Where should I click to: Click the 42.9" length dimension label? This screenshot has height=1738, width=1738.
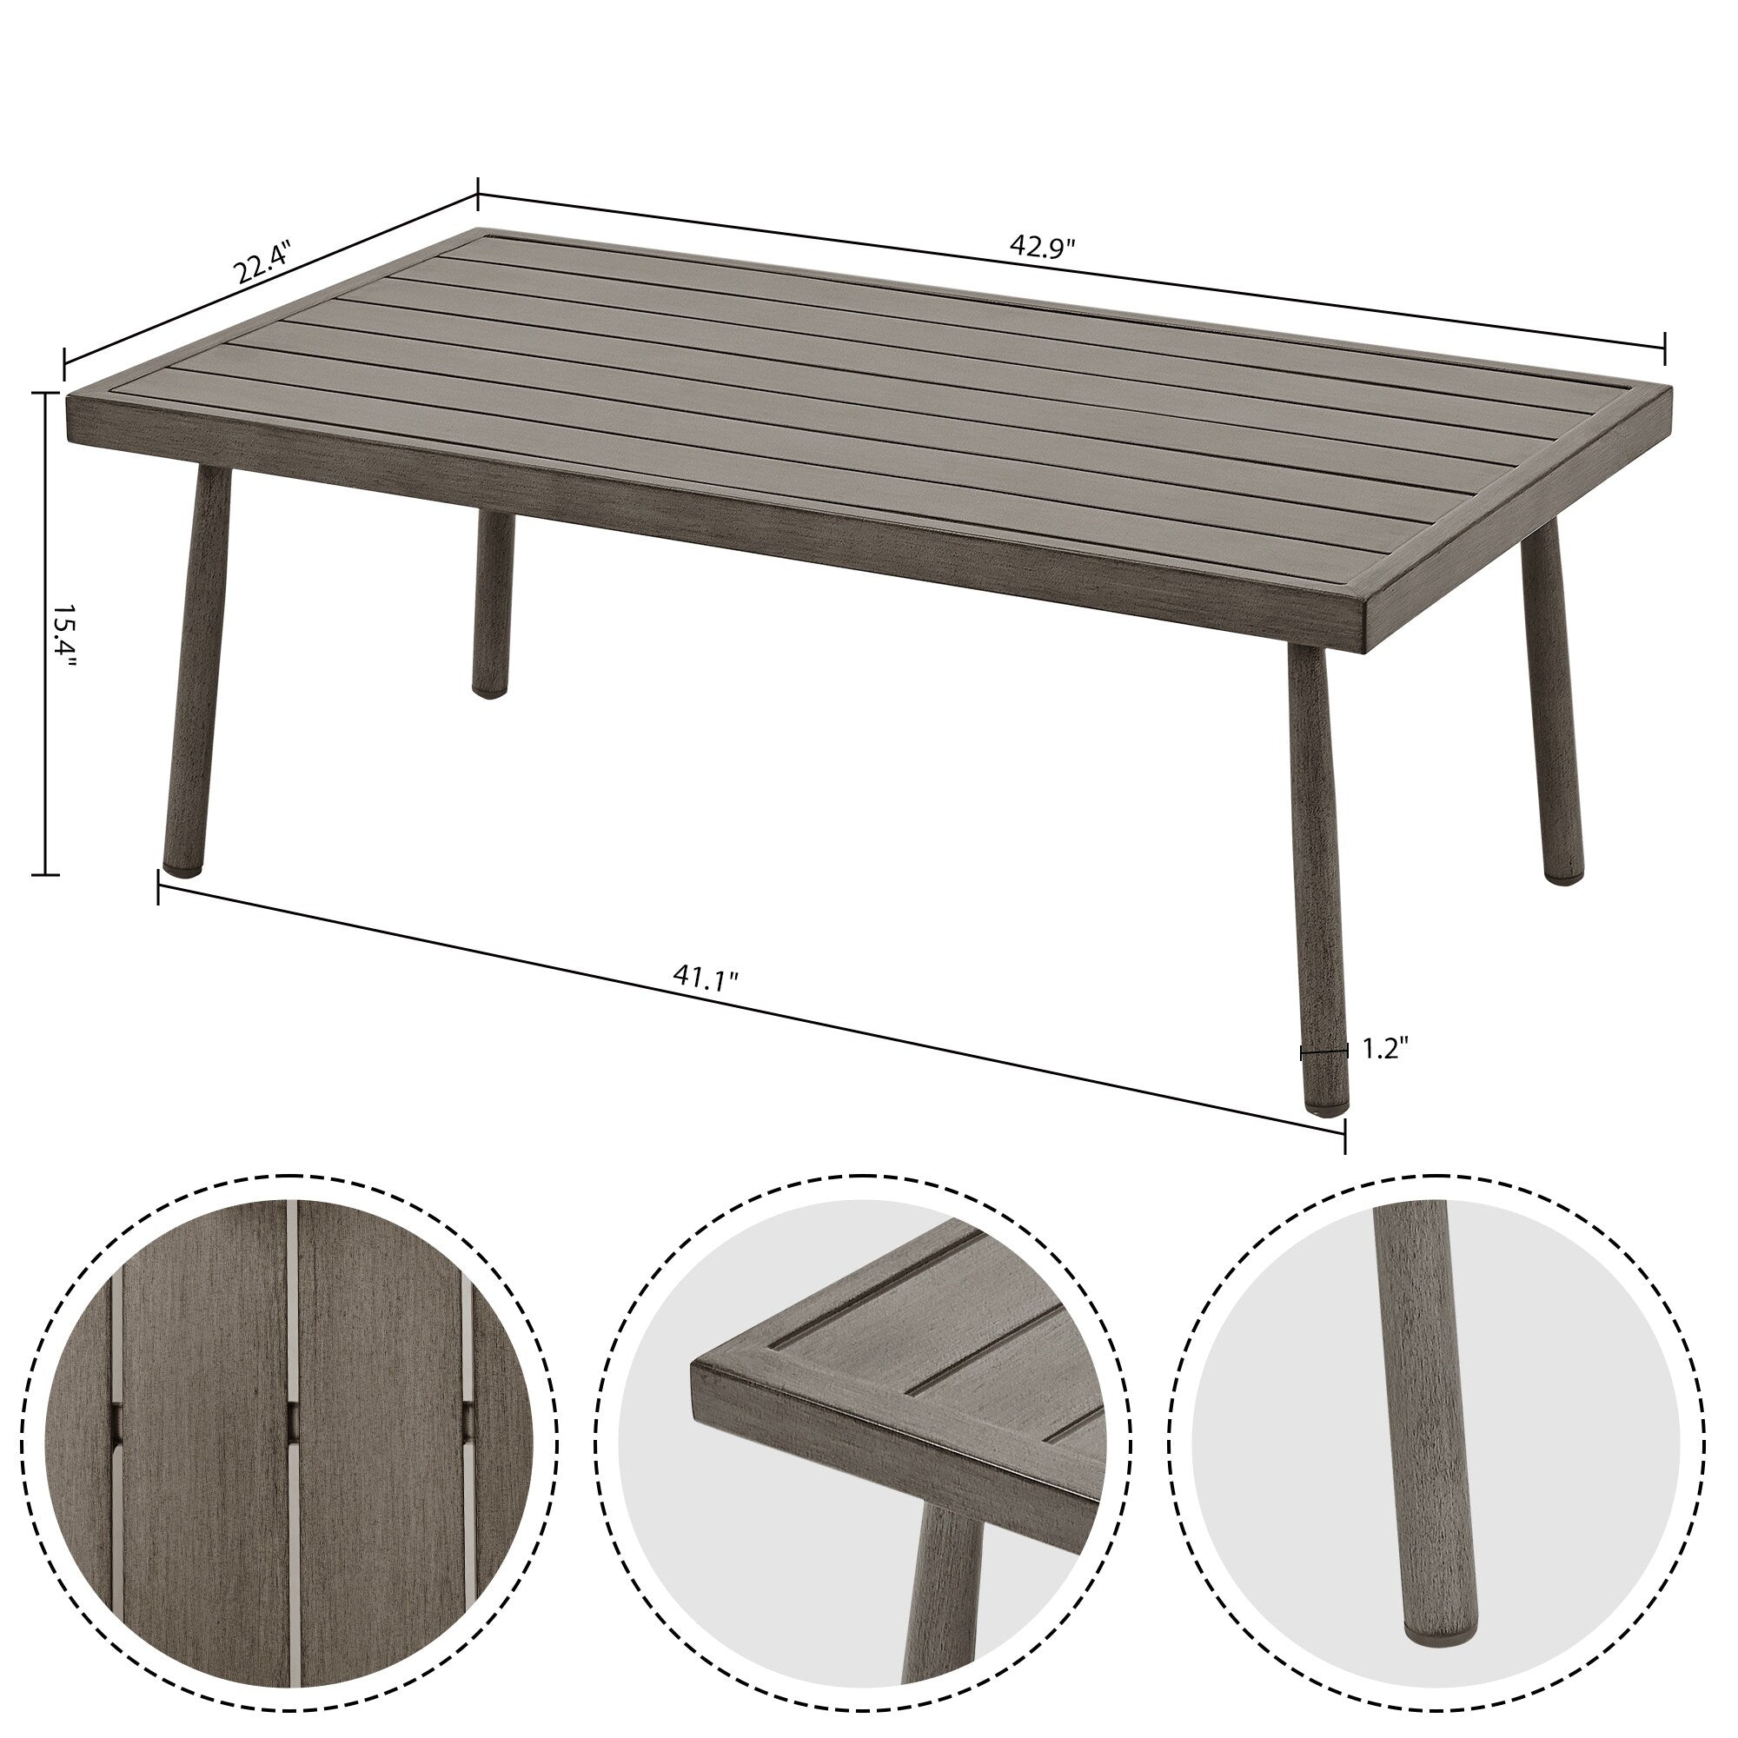[1043, 247]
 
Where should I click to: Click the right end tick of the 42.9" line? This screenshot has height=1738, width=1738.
[1664, 349]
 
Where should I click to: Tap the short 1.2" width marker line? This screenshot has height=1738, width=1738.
[1324, 1051]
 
